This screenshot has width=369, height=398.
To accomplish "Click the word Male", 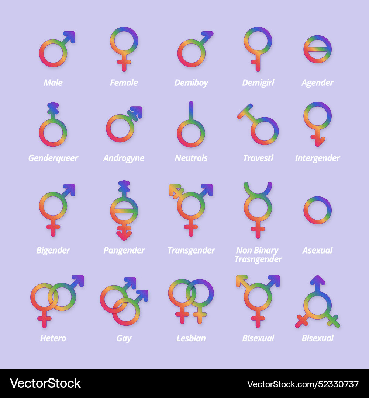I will pyautogui.click(x=53, y=83).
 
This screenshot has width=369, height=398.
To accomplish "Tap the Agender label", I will pyautogui.click(x=317, y=83).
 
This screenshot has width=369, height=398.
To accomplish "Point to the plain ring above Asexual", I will pyautogui.click(x=317, y=210).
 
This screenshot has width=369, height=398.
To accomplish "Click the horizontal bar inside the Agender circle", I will pyautogui.click(x=317, y=49).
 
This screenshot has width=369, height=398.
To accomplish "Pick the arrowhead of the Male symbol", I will pyautogui.click(x=70, y=36).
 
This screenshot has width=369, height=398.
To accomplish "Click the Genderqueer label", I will pyautogui.click(x=53, y=158).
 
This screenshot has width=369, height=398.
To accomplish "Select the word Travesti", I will pyautogui.click(x=258, y=158).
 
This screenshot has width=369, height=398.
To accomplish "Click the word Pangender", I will pyautogui.click(x=124, y=250).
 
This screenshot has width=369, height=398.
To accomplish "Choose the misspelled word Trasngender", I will pyautogui.click(x=258, y=259).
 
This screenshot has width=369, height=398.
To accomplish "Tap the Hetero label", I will pyautogui.click(x=53, y=338).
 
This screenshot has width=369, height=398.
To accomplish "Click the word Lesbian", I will pyautogui.click(x=191, y=338).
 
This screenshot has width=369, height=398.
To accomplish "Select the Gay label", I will pyautogui.click(x=124, y=338).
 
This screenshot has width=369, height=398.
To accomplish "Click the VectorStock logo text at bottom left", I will pyautogui.click(x=45, y=383).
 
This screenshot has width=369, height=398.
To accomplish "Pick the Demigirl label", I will pyautogui.click(x=258, y=83).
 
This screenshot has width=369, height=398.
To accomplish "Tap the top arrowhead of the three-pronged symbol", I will pyautogui.click(x=317, y=280).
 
